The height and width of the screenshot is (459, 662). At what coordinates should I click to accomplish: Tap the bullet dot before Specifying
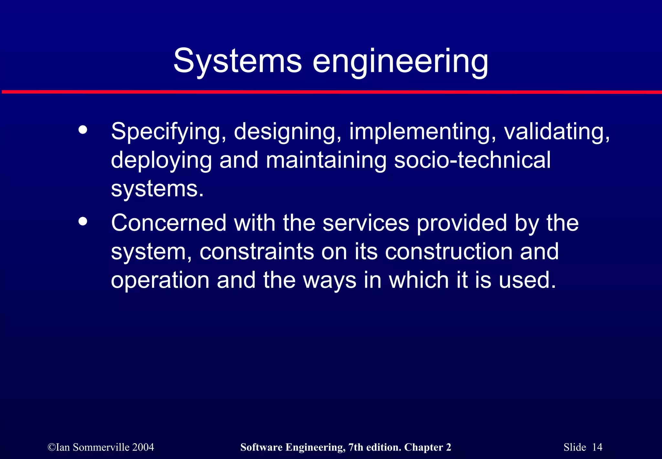click(83, 130)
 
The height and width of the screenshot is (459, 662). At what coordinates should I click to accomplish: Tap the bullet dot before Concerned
click(83, 221)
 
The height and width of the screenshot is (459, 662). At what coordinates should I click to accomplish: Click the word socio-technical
click(472, 160)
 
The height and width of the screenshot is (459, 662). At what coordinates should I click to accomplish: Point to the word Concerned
click(168, 223)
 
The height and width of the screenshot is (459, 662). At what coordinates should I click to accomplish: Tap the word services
click(366, 223)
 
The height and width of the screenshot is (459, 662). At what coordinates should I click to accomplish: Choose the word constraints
click(257, 252)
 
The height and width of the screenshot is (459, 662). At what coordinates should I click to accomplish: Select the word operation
click(160, 280)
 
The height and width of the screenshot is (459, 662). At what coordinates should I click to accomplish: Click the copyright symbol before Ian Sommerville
click(51, 447)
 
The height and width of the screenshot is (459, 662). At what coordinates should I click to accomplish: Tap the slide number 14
click(597, 447)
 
